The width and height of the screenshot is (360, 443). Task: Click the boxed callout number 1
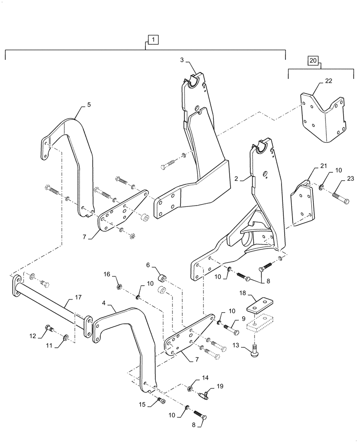152,40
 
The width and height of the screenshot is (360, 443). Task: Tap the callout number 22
328,81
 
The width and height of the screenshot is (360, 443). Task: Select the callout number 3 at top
182,60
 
